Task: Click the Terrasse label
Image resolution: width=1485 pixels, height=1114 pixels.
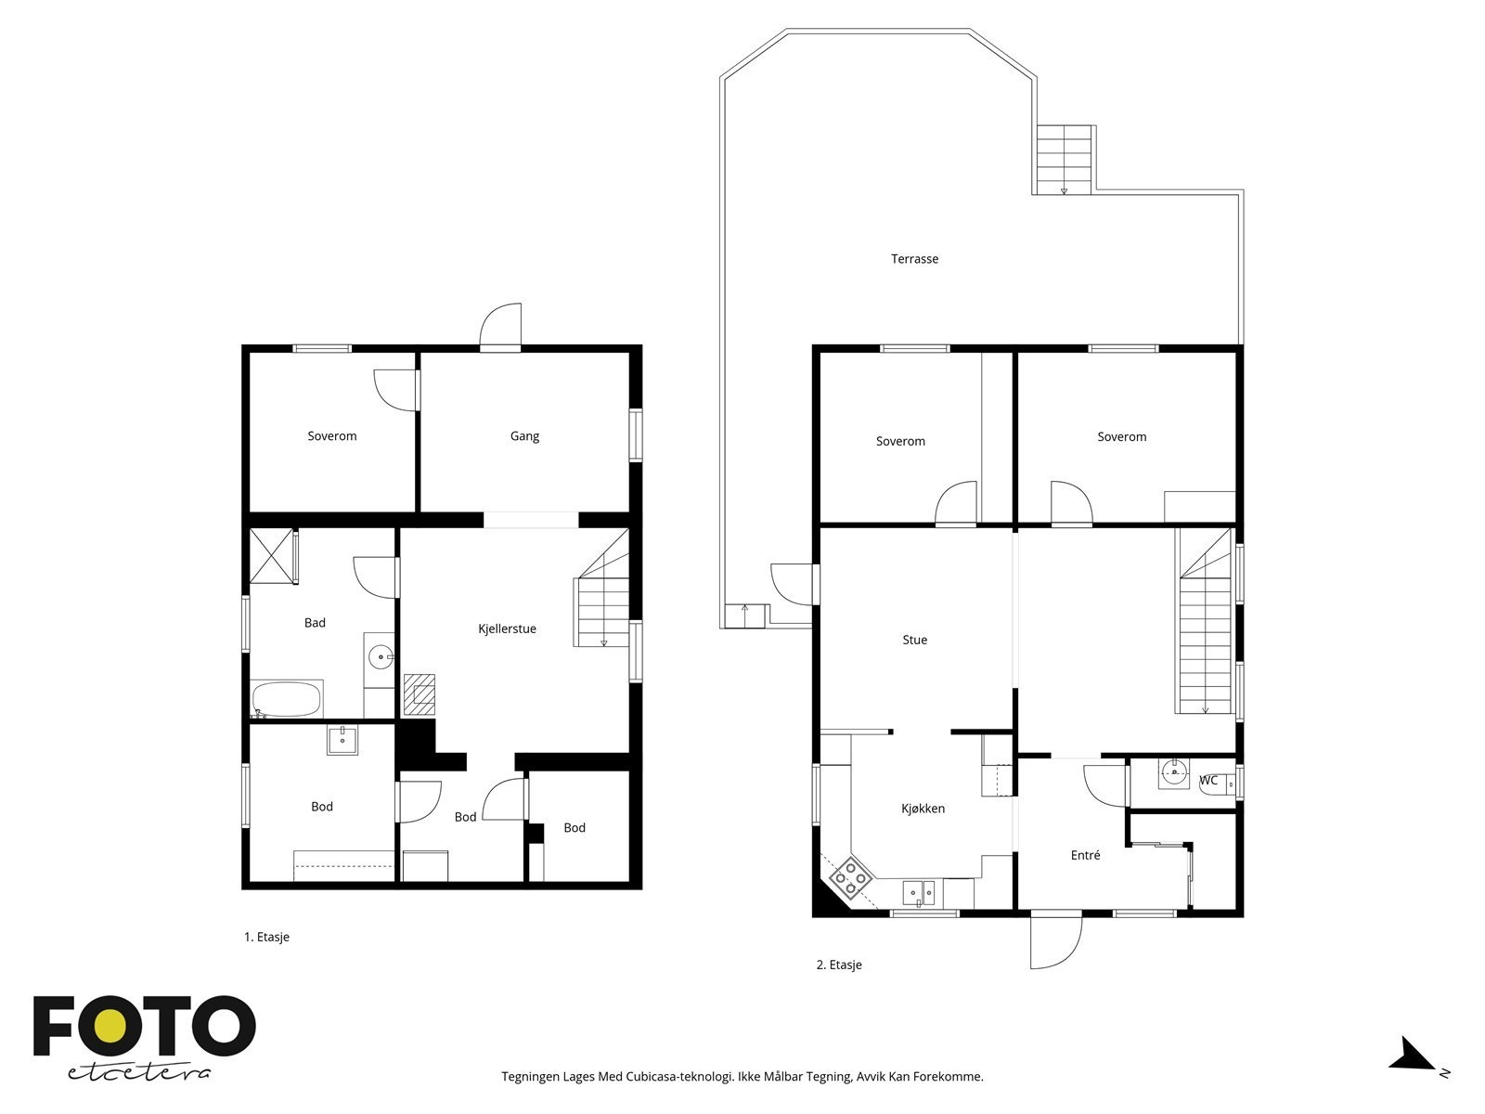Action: [x=914, y=258]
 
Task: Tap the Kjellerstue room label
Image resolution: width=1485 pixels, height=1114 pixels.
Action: [x=507, y=628]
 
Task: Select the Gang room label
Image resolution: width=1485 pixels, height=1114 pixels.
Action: [x=524, y=436]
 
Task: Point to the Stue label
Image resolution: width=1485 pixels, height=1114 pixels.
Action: [x=915, y=640]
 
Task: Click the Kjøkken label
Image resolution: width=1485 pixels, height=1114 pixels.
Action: [x=923, y=809]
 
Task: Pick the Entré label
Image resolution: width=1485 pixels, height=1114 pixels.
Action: [x=1085, y=855]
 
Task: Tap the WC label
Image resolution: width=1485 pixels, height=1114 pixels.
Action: [x=1208, y=780]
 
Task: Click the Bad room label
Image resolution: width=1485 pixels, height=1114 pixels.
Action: [x=315, y=622]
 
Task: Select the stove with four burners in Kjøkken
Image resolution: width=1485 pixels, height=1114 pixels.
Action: [x=850, y=877]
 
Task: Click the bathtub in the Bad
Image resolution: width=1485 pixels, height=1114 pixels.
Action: [x=286, y=699]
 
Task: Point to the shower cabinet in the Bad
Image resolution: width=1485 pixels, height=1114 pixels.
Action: [x=271, y=555]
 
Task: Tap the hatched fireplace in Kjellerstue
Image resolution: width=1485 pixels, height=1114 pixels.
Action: [x=420, y=694]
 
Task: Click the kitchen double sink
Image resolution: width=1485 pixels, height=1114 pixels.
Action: [x=919, y=893]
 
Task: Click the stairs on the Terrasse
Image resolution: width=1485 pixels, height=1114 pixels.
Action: [x=1065, y=160]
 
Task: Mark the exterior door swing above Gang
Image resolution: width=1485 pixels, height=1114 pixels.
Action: [x=500, y=326]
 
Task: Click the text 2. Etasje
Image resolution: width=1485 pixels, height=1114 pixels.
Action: [x=839, y=965]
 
